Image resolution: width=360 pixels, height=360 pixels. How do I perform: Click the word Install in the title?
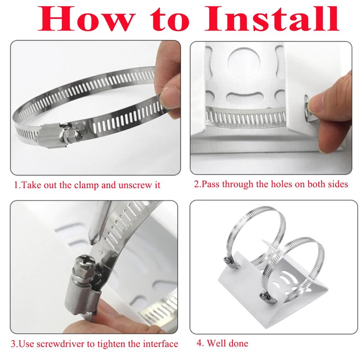[x=272, y=18]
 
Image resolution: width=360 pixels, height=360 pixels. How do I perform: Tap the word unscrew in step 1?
[x=135, y=185]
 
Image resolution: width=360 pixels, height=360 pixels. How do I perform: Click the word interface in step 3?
[x=161, y=344]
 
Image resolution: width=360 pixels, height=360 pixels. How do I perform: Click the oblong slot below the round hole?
[x=244, y=98]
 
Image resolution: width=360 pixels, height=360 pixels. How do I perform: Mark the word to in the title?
[x=170, y=21]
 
